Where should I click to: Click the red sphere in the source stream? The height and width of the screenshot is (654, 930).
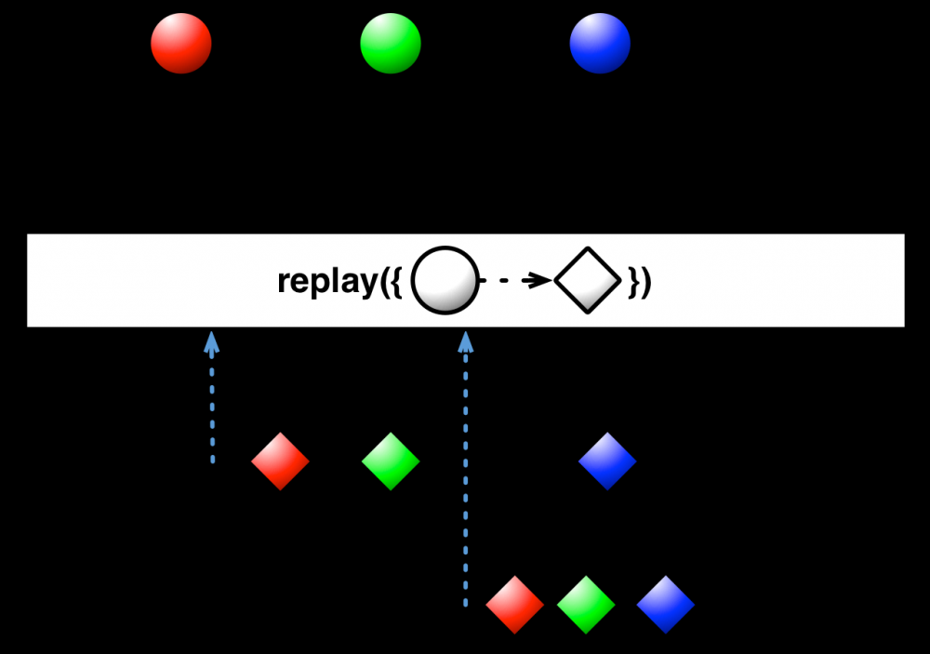click(181, 43)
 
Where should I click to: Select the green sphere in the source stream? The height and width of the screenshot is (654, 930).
click(391, 43)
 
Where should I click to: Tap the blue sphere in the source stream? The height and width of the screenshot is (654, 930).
click(600, 43)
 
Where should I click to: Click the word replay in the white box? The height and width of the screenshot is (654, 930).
click(325, 281)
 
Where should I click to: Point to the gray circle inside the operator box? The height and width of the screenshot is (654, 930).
click(444, 280)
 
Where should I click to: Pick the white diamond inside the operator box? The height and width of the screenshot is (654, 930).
click(587, 280)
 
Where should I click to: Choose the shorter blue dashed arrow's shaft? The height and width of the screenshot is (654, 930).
click(212, 409)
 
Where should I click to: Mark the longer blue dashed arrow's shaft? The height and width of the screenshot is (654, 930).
click(466, 484)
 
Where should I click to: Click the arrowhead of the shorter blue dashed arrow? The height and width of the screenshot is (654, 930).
click(212, 342)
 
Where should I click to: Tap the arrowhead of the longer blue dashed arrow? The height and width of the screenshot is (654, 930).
click(466, 342)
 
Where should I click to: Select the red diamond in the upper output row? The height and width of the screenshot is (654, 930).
click(280, 460)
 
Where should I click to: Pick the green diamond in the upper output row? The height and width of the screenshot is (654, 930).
click(391, 460)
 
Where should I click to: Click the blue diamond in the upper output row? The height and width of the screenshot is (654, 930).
click(607, 460)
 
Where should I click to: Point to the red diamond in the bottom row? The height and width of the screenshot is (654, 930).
click(514, 605)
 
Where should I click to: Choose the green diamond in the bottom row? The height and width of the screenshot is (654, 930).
click(586, 605)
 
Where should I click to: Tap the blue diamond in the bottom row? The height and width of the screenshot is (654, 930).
click(666, 605)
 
